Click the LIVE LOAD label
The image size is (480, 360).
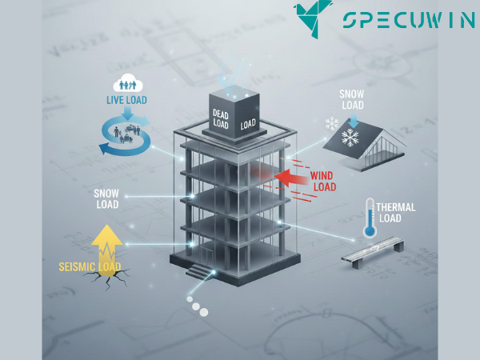tap(126, 100)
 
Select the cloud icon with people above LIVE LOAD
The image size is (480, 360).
tap(126, 82)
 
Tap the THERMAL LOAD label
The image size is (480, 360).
tap(397, 212)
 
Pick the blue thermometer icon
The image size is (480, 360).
tap(370, 218)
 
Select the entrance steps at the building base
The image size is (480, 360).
tap(198, 271)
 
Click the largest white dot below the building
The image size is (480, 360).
tap(206, 311)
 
